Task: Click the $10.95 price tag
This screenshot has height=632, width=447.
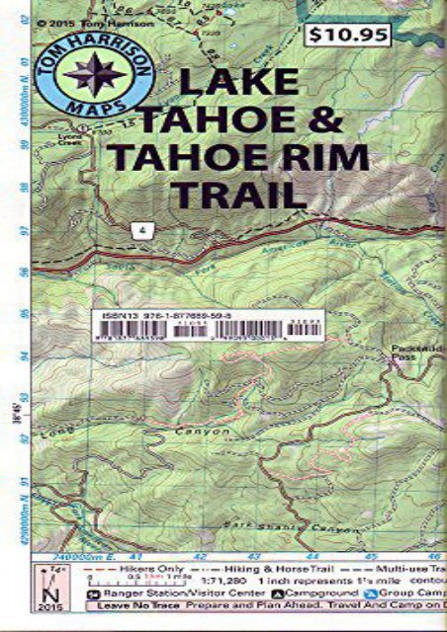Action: click(x=347, y=35)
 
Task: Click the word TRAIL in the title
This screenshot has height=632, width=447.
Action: click(x=237, y=193)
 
